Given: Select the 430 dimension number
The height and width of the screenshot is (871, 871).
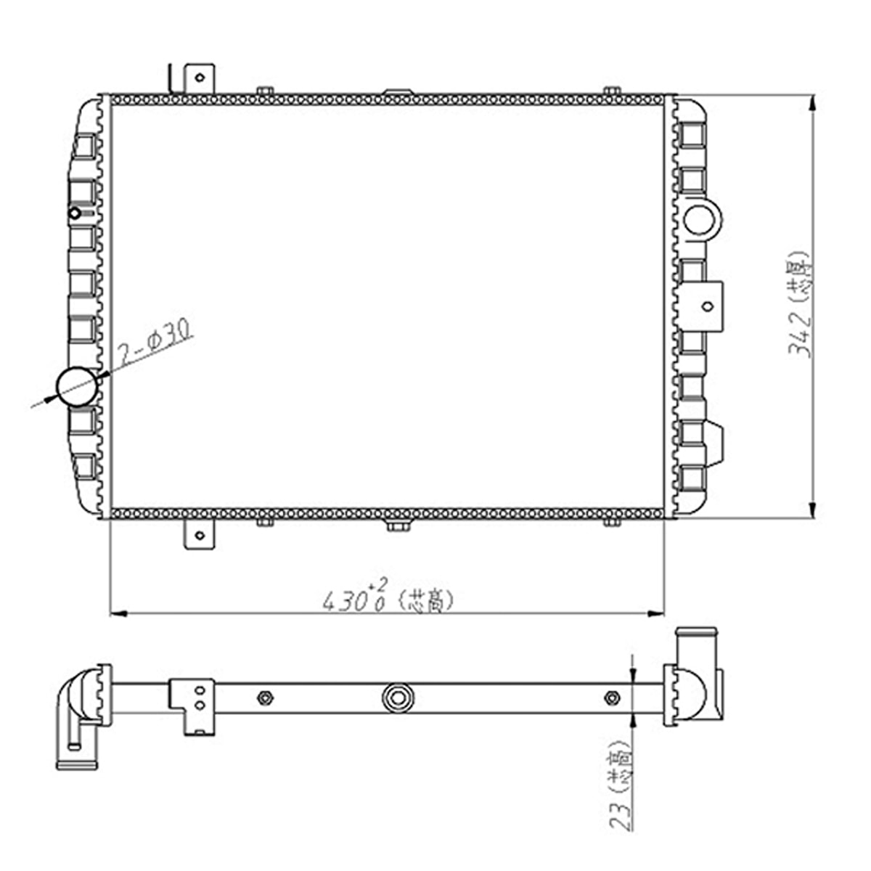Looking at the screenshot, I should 344,601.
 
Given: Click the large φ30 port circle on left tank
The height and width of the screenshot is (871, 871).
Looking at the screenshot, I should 77,387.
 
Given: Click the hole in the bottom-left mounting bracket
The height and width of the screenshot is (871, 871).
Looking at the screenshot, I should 200,536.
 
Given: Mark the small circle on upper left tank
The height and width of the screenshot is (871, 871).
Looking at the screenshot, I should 75,213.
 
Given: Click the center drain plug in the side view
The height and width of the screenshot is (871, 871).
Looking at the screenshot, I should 398,698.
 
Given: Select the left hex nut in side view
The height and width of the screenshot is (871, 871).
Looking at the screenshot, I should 265,698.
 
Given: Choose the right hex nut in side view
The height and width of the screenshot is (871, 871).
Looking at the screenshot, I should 612,698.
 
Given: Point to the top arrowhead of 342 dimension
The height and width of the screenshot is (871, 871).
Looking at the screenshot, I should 811,102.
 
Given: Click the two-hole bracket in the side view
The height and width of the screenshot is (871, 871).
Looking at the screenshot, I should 195,700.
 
